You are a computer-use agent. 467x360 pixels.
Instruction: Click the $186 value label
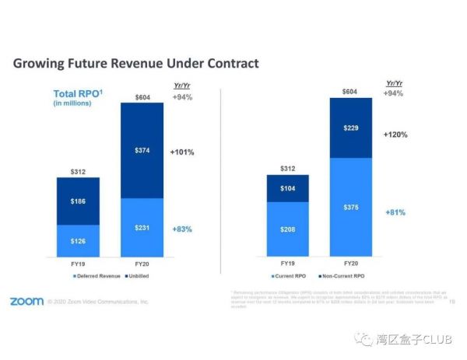tap(77, 201)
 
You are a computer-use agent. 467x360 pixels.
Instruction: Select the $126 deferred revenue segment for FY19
tap(77, 240)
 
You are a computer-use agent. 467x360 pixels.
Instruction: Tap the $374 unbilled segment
tap(141, 151)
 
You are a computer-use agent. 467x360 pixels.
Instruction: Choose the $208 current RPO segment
tap(287, 230)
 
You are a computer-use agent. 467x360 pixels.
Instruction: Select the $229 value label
tap(350, 128)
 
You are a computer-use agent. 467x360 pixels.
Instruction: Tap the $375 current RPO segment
tap(350, 208)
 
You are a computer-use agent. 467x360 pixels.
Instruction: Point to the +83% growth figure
tap(181, 229)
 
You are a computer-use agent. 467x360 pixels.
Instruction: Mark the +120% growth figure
tap(395, 135)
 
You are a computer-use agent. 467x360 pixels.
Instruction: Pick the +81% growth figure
tap(395, 212)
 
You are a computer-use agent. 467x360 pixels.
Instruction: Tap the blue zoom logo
tap(26, 301)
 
